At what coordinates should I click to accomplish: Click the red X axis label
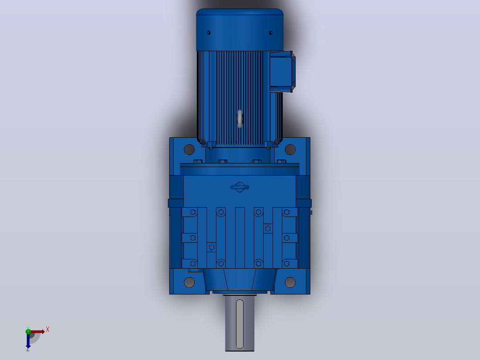48,330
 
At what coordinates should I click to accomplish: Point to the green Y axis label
28,328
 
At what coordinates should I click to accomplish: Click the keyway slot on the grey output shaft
240,324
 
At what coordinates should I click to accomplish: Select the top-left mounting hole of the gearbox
189,150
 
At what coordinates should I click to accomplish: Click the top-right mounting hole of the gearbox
290,150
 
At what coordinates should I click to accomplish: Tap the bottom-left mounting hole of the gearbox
189,282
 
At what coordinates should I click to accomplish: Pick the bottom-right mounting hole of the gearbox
290,282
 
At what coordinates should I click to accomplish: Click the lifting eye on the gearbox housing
240,187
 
